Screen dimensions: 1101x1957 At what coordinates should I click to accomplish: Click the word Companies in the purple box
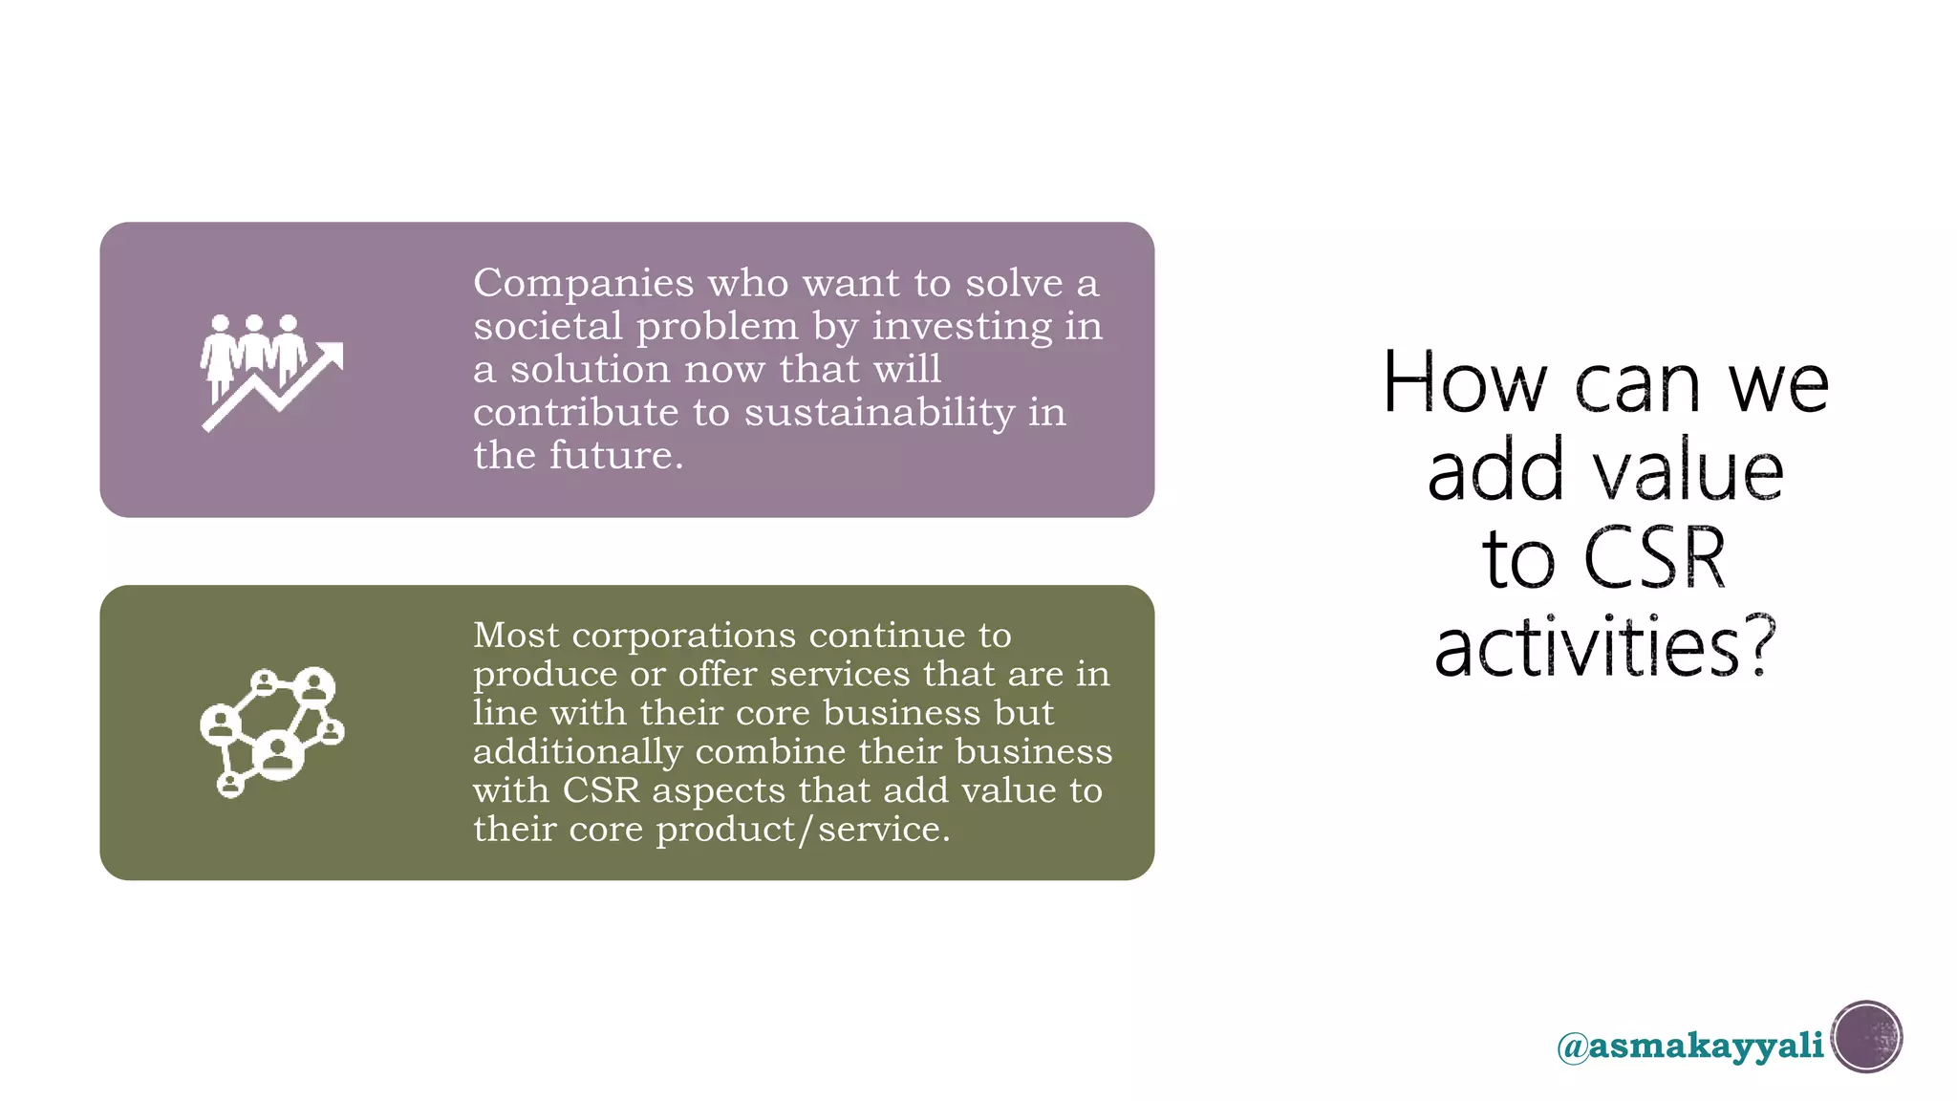pyautogui.click(x=583, y=284)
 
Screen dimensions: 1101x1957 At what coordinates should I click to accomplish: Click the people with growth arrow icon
pyautogui.click(x=271, y=372)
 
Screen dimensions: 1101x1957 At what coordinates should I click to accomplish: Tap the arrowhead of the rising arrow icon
pyautogui.click(x=331, y=355)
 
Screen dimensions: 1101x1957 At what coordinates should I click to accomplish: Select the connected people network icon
pyautogui.click(x=272, y=732)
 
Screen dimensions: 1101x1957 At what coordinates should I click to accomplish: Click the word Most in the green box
pyautogui.click(x=515, y=635)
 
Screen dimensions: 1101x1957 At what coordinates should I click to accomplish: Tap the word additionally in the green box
pyautogui.click(x=577, y=751)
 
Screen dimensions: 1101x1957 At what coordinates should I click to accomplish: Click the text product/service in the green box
pyautogui.click(x=802, y=830)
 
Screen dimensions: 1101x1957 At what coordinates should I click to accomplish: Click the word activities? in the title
pyautogui.click(x=1605, y=647)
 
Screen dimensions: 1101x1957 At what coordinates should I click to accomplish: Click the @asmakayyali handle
pyautogui.click(x=1689, y=1046)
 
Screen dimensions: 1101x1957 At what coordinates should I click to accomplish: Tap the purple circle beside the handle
pyautogui.click(x=1866, y=1037)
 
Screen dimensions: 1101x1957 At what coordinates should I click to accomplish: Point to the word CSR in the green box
pyautogui.click(x=600, y=790)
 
